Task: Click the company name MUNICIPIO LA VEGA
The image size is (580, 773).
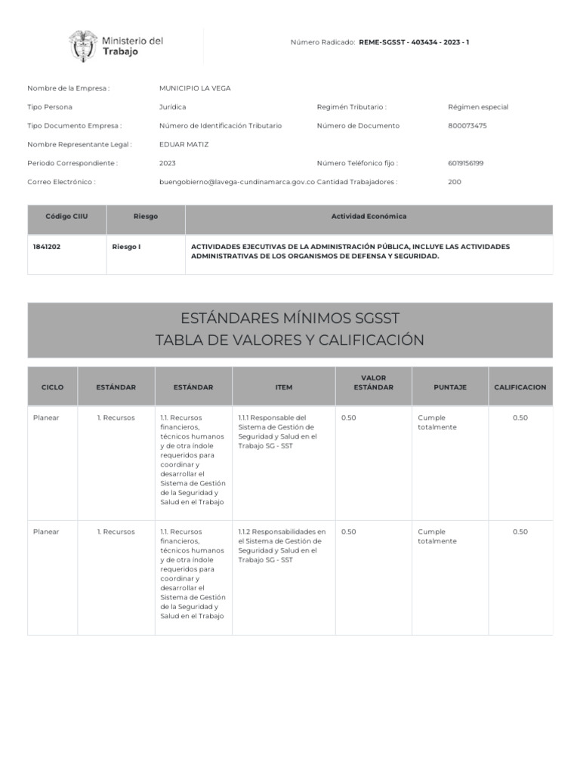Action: coord(195,88)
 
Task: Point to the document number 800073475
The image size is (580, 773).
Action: coord(467,125)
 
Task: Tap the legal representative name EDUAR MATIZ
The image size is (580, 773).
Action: coord(184,144)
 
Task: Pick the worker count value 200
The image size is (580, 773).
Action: coord(455,182)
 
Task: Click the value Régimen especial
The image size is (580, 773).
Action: coord(478,107)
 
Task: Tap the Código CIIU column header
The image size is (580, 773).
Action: coord(66,217)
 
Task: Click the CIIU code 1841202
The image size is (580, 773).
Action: coord(47,247)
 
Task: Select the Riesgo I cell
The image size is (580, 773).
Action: coord(126,247)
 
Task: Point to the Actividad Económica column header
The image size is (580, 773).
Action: coord(369,217)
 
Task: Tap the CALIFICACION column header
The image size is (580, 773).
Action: coord(520,387)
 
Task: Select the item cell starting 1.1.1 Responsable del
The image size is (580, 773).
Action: coord(277,432)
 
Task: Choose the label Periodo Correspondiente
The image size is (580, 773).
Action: coord(72,163)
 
